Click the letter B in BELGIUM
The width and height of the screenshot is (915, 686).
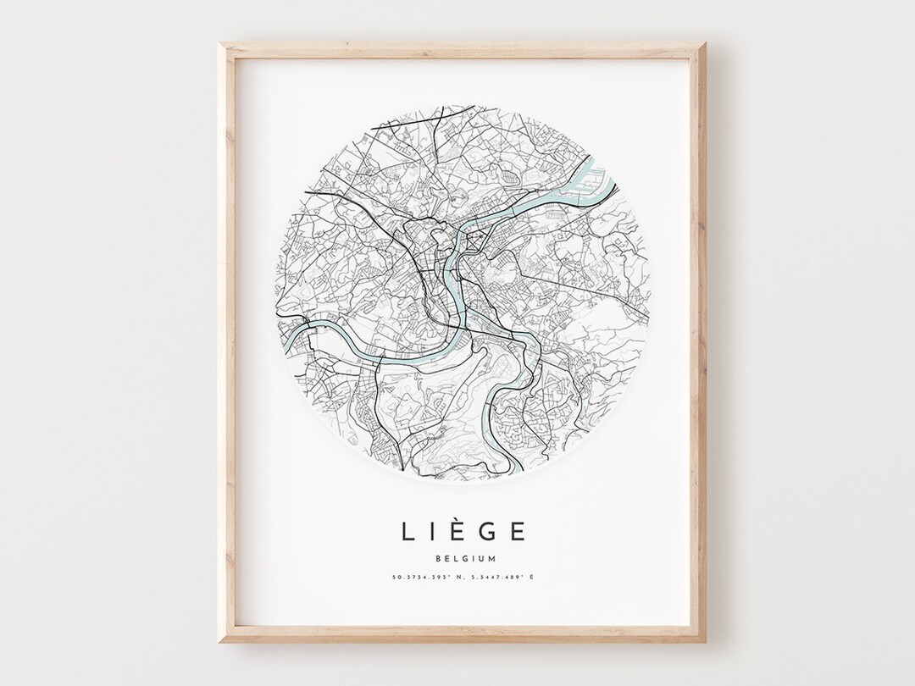point(435,558)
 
